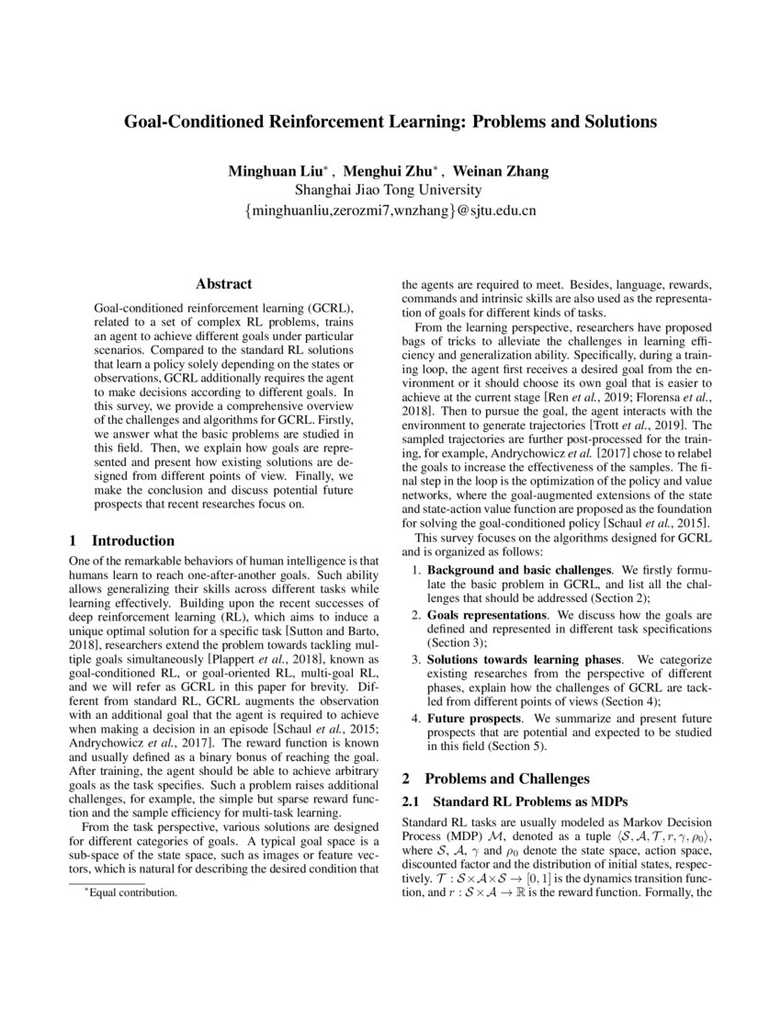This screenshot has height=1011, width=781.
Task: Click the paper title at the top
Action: pyautogui.click(x=390, y=120)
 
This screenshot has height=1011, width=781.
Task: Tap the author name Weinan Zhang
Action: pyautogui.click(x=507, y=171)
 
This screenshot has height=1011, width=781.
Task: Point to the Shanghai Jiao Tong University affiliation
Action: pyautogui.click(x=388, y=190)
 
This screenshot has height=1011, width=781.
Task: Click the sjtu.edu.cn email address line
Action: pyautogui.click(x=390, y=210)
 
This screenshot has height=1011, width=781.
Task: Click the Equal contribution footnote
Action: pyautogui.click(x=129, y=892)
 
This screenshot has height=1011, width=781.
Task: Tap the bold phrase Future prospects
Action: pyautogui.click(x=472, y=718)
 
